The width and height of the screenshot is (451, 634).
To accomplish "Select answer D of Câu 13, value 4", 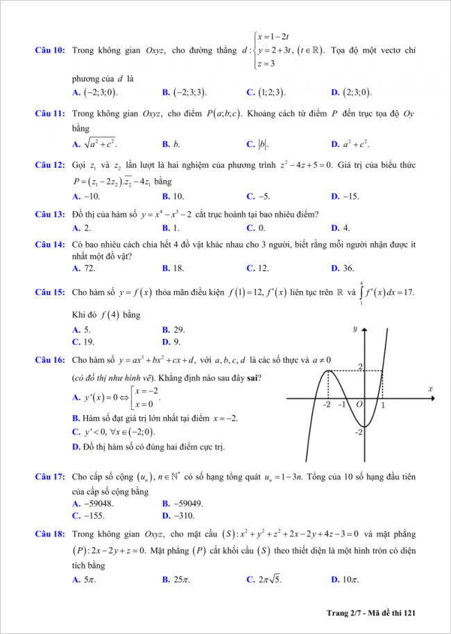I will pos(341,227).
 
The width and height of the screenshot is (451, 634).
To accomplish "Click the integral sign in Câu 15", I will pos(361,293).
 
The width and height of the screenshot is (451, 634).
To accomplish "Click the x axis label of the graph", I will pos(430,389).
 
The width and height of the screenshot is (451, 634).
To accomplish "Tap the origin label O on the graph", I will pos(359,405).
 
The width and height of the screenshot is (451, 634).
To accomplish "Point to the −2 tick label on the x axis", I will pos(326,405).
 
